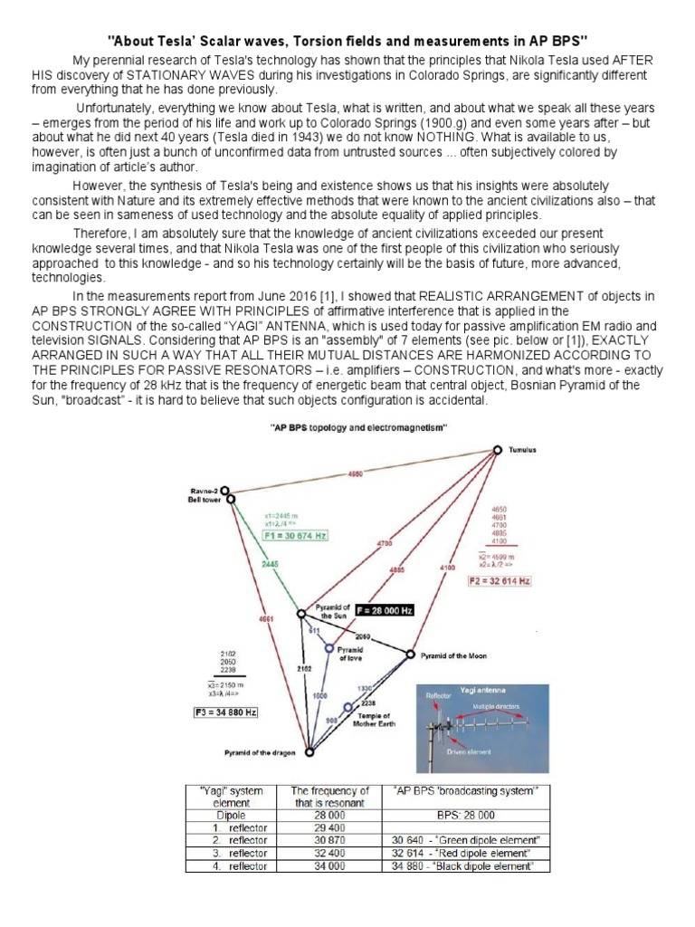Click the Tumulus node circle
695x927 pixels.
point(497,450)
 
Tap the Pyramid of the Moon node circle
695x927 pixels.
point(410,654)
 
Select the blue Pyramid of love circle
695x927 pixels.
point(328,648)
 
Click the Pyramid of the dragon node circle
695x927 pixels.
point(309,752)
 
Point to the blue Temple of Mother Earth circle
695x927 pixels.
point(347,707)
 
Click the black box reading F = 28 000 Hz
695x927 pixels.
point(383,611)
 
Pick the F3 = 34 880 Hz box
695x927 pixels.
point(226,712)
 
